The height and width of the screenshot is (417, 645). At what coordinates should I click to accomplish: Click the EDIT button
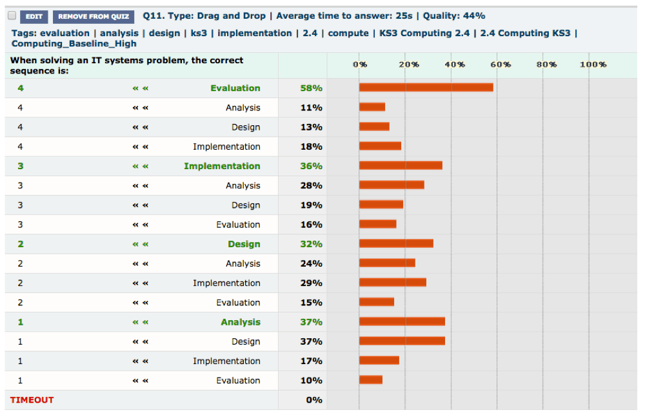point(34,17)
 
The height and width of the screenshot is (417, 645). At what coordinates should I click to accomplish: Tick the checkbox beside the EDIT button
point(12,16)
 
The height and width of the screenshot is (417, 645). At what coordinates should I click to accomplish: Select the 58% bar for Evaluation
point(426,87)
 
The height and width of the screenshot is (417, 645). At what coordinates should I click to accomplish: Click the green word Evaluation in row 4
point(235,88)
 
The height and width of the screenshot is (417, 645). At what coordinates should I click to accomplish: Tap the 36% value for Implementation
point(311,166)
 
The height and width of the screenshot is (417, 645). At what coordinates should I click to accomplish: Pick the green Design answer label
point(244,244)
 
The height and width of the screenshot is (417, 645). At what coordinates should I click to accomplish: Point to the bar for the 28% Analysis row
point(392,185)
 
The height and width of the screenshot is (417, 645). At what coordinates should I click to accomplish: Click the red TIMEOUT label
point(32,400)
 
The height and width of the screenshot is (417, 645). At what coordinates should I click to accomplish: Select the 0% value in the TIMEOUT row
point(313,400)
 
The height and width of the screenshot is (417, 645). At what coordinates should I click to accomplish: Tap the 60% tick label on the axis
point(501,65)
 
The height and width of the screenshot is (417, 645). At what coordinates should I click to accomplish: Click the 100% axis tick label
point(593,65)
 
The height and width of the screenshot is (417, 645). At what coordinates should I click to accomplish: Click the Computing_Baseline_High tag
point(74,44)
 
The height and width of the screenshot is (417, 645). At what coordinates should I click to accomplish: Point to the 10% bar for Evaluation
point(371,380)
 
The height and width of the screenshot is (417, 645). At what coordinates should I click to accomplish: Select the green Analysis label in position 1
point(240,322)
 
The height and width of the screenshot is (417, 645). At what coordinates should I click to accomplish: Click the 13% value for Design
point(311,127)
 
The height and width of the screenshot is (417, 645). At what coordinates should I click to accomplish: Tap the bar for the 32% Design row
point(396,243)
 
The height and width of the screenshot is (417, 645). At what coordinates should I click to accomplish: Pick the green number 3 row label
point(21,166)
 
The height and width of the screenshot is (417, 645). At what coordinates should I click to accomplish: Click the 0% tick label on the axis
point(360,65)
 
